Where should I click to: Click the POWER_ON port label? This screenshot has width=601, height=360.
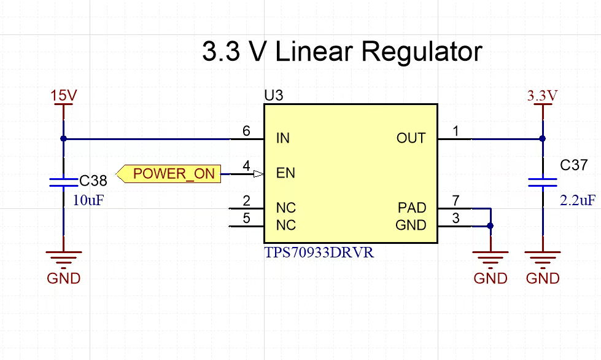point(169,174)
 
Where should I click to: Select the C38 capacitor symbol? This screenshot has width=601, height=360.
point(64,182)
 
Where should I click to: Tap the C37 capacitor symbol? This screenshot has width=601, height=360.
point(542,182)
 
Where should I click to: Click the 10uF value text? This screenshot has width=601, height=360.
point(88,200)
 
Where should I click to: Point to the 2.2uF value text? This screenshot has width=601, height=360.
point(578,200)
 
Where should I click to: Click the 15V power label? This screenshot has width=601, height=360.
point(64,95)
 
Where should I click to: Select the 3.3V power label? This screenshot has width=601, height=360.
point(542,95)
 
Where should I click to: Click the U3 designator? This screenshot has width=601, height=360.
point(274,95)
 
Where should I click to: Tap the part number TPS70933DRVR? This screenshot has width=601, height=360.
point(319,252)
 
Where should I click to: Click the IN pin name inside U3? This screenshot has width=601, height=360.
point(283,138)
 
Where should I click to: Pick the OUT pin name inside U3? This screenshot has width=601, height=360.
point(411,138)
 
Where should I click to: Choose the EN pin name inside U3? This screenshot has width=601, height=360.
point(285,173)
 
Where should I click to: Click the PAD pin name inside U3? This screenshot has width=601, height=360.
point(412,208)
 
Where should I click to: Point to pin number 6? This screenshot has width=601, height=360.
point(246,131)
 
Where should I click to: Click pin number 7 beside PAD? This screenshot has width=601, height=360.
point(456,200)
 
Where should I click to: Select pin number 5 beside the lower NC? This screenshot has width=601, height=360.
point(246,218)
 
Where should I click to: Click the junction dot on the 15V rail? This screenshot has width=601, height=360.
point(64,139)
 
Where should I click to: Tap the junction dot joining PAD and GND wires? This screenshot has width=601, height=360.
point(490,226)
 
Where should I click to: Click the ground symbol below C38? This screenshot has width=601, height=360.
point(64,257)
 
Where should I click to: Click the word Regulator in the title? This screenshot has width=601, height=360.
point(422,52)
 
